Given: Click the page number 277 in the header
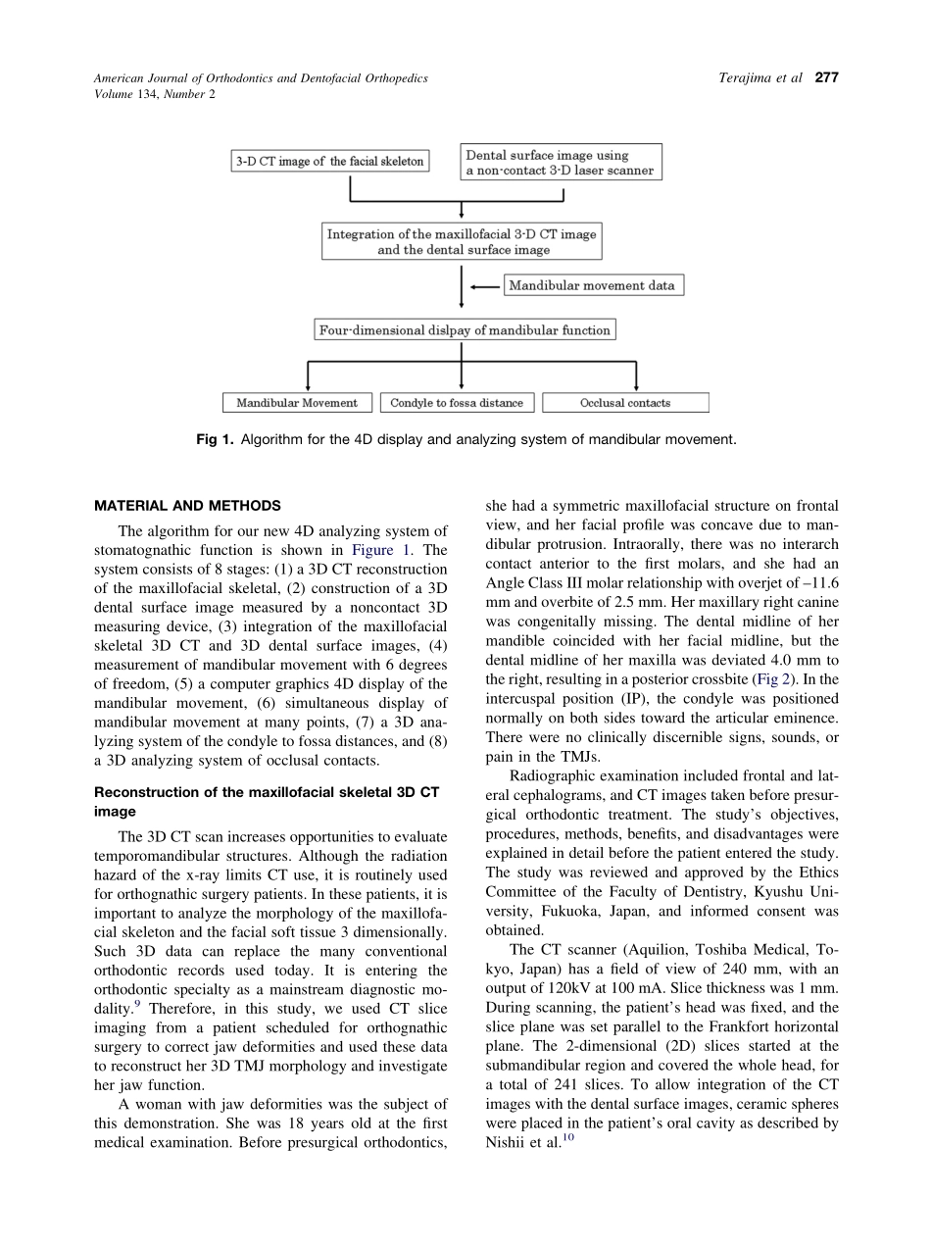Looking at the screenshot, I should point(827,77).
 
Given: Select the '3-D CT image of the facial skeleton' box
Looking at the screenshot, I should point(330,162).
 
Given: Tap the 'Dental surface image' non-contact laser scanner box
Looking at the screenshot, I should point(561,163).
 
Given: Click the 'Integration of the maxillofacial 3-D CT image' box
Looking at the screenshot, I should point(461,242).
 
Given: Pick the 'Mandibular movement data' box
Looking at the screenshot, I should point(593,286).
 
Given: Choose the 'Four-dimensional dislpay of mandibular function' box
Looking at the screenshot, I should point(465,330).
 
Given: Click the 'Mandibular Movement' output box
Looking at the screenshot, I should point(297,403).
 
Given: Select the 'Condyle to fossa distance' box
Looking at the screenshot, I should point(457,403).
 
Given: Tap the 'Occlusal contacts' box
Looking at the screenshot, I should point(625,403).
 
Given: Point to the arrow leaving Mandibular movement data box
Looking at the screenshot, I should point(486,286).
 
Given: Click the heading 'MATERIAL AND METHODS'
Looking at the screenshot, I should point(187,506).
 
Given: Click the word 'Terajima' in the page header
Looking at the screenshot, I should point(737,77).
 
